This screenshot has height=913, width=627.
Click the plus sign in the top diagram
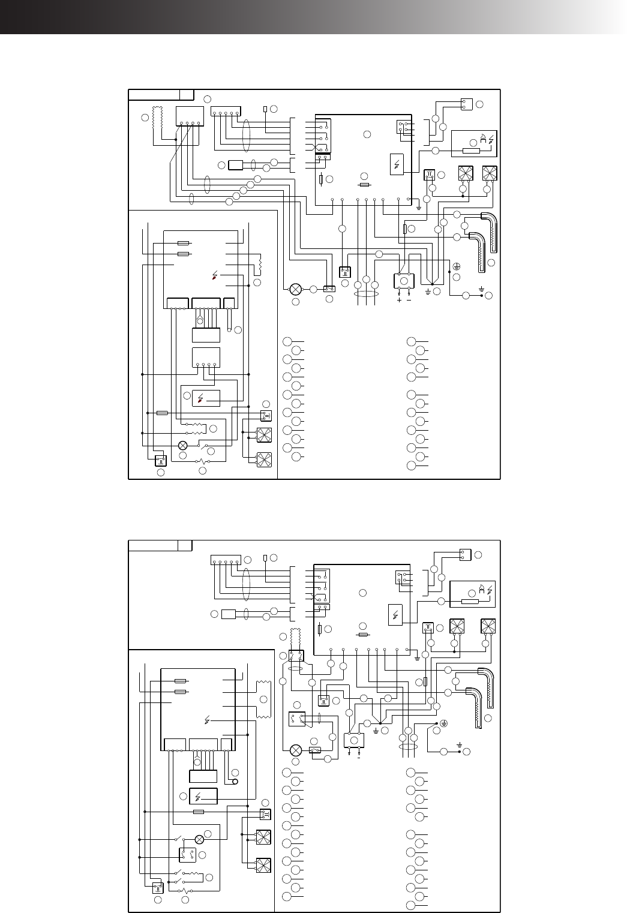[399, 299]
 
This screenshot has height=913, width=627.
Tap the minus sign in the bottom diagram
[358, 757]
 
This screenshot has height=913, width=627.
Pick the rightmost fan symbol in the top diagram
[490, 173]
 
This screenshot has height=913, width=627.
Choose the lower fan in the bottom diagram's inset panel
[263, 866]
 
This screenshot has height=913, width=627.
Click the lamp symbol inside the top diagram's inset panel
[183, 445]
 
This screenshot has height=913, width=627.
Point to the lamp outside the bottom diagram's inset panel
[295, 750]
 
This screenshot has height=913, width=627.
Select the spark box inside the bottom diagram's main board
[395, 615]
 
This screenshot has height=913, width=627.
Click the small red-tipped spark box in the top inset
[206, 398]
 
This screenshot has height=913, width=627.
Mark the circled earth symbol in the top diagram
[456, 266]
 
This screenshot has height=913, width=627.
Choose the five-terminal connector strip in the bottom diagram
[226, 560]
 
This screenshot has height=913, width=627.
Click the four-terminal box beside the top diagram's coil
[190, 116]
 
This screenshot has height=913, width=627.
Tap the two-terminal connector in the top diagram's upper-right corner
[467, 104]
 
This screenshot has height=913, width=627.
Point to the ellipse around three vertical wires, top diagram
[366, 294]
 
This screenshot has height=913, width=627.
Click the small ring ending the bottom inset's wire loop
[236, 782]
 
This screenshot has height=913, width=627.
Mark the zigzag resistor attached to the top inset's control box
[260, 263]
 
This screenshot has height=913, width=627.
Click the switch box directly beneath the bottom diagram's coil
[296, 656]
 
